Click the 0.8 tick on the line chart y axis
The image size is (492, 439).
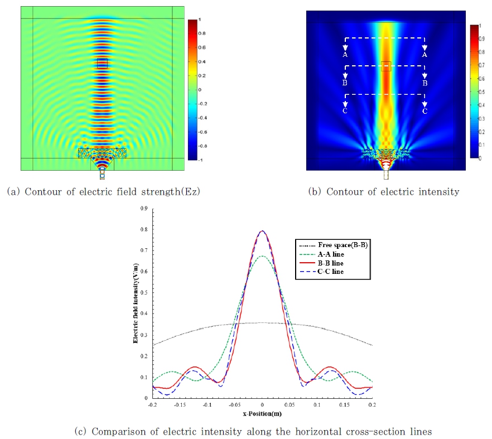(145, 229)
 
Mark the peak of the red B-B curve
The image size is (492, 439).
(262, 231)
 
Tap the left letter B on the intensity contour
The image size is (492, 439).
(345, 83)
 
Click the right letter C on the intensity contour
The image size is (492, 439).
(425, 111)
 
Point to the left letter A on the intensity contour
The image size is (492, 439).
(345, 55)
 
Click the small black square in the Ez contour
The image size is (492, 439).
(102, 63)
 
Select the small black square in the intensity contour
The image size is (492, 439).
(386, 66)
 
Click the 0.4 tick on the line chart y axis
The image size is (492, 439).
(145, 313)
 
